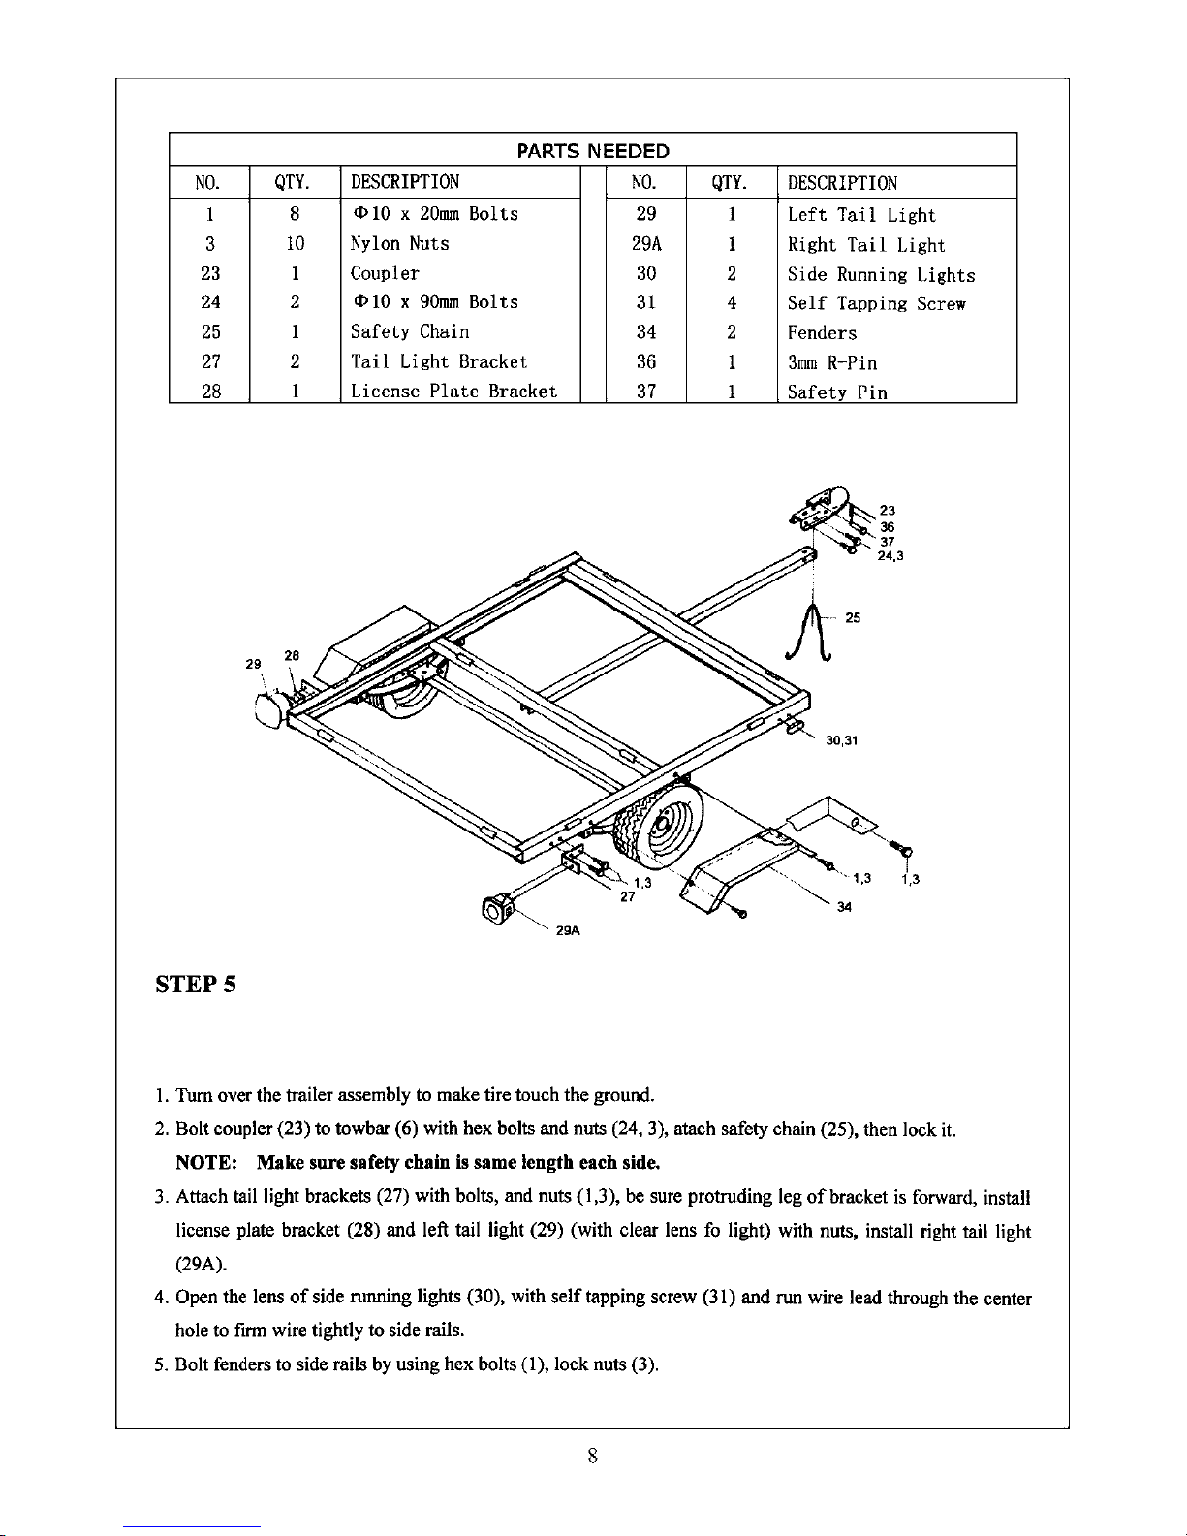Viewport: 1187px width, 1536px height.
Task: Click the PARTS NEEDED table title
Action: pos(593,150)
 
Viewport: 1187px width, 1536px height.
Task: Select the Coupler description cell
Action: pos(385,273)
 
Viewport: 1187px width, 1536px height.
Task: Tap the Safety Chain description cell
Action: pos(410,331)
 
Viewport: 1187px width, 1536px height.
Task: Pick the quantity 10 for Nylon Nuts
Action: pos(295,244)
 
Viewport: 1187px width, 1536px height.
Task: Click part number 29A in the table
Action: pos(646,244)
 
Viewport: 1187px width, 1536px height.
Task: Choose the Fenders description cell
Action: pos(822,333)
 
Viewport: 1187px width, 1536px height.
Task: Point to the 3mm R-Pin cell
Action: pos(832,362)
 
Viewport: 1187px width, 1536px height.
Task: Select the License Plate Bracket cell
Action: pos(453,391)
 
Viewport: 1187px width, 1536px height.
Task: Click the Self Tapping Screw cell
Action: pos(876,303)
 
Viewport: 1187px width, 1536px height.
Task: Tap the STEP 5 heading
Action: pos(196,984)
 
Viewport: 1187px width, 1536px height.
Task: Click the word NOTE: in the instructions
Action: pos(205,1162)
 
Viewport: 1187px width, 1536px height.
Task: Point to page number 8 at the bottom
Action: pos(592,1456)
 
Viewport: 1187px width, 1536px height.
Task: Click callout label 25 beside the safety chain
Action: pos(853,618)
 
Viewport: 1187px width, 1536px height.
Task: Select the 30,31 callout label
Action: pos(841,740)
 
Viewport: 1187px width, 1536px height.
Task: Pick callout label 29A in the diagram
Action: pos(568,930)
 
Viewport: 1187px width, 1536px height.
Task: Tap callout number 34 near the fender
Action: pos(844,907)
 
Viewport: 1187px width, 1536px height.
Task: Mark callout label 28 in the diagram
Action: pos(292,655)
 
